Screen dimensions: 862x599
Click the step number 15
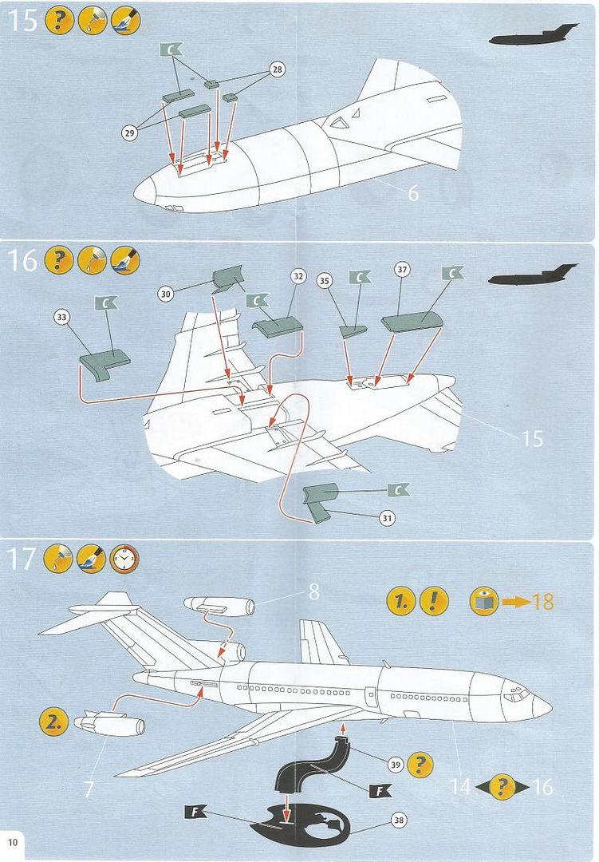(23, 22)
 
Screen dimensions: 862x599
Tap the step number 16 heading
(23, 260)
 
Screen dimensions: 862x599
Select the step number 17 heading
(22, 559)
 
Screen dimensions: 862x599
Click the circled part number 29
(129, 133)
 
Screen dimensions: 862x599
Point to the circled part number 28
(276, 70)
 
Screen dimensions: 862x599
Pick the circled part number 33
(61, 317)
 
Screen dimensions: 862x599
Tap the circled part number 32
(298, 277)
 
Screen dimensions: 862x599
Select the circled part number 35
(324, 280)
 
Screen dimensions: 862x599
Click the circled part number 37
(402, 270)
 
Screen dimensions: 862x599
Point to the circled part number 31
(387, 518)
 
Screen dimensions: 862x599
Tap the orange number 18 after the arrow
(542, 602)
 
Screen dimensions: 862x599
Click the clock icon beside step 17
(124, 559)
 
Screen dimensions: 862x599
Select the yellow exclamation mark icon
(433, 601)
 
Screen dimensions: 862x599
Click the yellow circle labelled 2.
(53, 723)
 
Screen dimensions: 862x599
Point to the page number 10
(13, 843)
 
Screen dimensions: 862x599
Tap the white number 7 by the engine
(89, 789)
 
